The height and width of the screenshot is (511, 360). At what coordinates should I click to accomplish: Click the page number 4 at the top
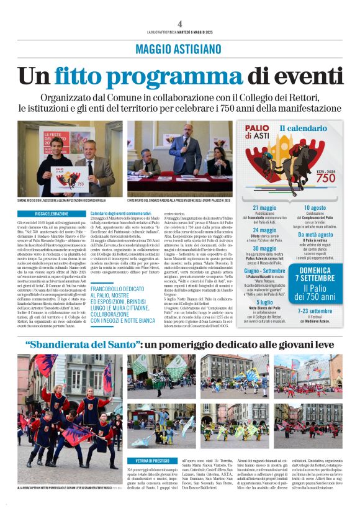pyautogui.click(x=179, y=23)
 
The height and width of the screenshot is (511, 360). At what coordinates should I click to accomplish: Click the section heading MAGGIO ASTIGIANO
pyautogui.click(x=180, y=47)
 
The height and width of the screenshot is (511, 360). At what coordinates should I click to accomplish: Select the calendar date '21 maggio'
pyautogui.click(x=264, y=207)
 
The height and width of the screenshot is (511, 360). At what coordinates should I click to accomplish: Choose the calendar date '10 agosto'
pyautogui.click(x=315, y=207)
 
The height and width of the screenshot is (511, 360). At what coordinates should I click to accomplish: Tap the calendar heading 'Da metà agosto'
pyautogui.click(x=315, y=235)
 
